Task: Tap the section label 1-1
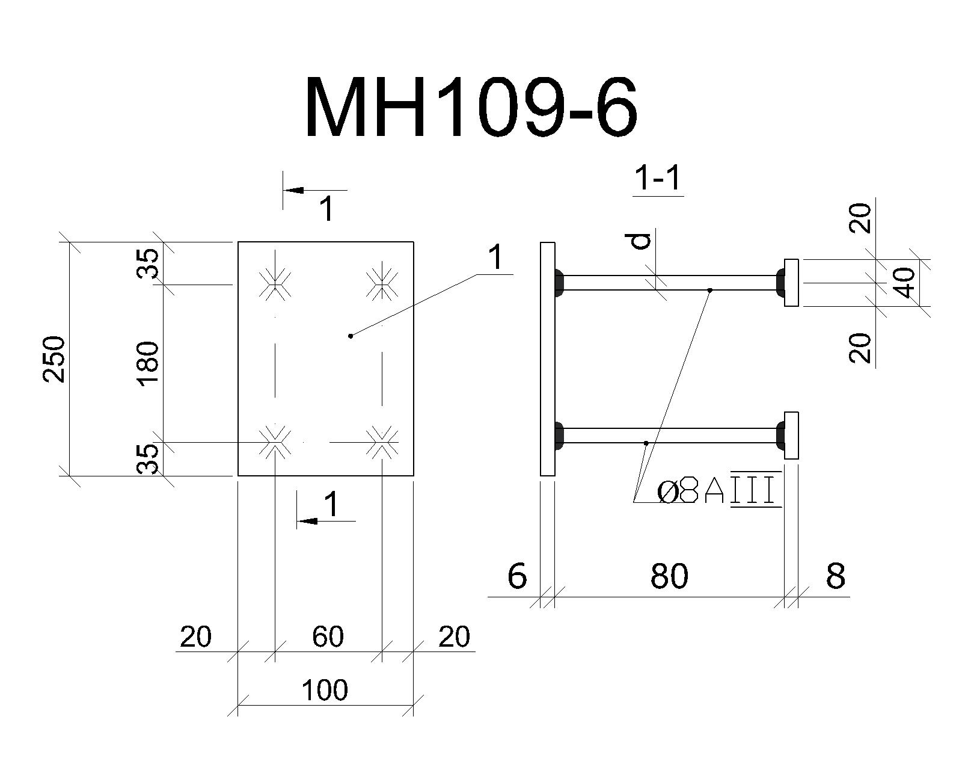click(x=658, y=179)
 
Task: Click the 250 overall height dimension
click(x=54, y=359)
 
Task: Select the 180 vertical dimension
click(x=148, y=364)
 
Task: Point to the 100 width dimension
click(x=325, y=690)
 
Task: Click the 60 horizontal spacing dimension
click(x=328, y=636)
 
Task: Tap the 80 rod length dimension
click(x=669, y=576)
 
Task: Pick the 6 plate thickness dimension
click(x=517, y=576)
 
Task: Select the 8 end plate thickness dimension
click(x=836, y=576)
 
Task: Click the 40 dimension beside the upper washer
click(x=905, y=283)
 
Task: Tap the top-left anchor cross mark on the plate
click(x=275, y=284)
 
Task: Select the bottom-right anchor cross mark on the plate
click(x=382, y=442)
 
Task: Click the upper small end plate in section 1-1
click(x=791, y=283)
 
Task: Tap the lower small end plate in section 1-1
click(x=791, y=436)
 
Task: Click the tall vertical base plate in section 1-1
click(x=548, y=359)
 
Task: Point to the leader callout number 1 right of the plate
click(x=495, y=257)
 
